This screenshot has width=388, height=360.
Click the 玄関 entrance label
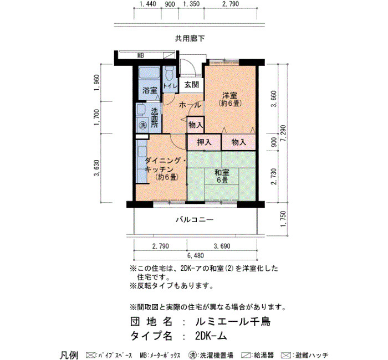pos(192,85)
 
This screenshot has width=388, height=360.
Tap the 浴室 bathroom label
pos(150,90)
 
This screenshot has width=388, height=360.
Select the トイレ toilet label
pos(170,86)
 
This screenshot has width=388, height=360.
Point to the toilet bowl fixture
pos(170,73)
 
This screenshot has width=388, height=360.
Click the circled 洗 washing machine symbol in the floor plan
pos(143,125)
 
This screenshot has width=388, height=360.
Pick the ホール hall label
pos(190,105)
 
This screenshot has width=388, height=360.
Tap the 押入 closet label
pos(204,142)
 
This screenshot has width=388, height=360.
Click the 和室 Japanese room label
pos(222,172)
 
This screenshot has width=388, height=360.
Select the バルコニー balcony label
pos(195,219)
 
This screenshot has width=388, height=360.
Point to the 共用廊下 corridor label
pos(190,38)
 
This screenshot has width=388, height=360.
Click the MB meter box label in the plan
pos(141,55)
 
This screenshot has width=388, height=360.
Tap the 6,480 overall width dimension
pos(196,255)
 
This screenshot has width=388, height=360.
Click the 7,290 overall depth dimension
pos(283,133)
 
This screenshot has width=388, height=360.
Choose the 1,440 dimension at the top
pos(148,4)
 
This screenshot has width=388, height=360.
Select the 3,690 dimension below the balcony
pos(222,246)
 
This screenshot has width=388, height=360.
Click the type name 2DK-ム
pos(211,336)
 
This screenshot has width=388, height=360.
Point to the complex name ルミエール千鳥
pos(233,322)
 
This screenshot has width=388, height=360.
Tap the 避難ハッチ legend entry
pos(305,356)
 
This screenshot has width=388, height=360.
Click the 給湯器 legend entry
pos(257,356)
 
